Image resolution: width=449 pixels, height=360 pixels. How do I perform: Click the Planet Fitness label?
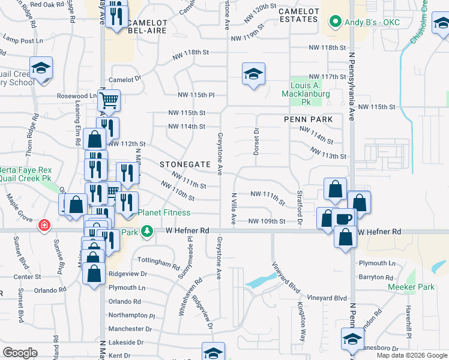point(164,213)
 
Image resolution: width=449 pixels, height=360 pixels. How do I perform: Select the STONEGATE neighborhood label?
point(185,164)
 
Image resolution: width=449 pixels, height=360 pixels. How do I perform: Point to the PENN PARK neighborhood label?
point(309,119)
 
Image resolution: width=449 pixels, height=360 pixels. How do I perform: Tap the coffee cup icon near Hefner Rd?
point(344,219)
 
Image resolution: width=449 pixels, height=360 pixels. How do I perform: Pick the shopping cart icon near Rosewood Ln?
point(109,100)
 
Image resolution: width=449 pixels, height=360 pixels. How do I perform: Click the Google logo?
point(20,353)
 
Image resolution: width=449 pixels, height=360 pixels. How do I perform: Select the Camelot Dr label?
point(124,79)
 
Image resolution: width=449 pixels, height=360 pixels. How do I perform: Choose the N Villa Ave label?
point(234,209)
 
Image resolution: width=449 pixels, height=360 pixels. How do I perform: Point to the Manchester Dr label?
point(130,329)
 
